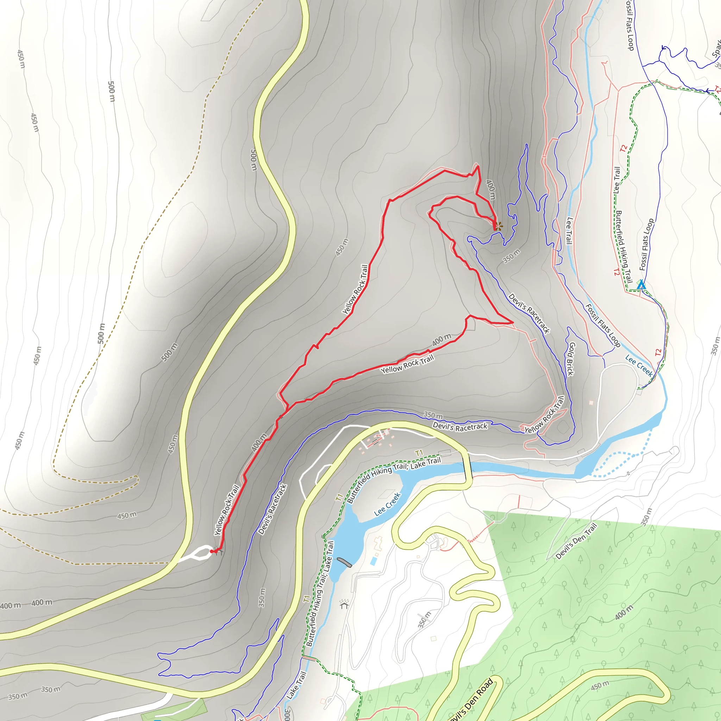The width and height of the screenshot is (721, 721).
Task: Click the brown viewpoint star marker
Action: (x=499, y=225)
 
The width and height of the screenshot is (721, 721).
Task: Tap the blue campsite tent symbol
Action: (x=641, y=285)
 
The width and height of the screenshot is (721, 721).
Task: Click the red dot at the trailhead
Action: (x=212, y=551)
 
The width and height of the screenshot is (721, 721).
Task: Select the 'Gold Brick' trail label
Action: (x=571, y=359)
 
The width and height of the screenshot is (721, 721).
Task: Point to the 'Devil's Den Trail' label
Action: (x=576, y=541)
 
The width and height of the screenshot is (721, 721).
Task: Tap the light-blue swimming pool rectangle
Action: (x=374, y=560)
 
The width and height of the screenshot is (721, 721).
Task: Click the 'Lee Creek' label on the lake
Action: (x=387, y=504)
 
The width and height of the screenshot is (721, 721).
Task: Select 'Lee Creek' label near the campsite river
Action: (x=639, y=366)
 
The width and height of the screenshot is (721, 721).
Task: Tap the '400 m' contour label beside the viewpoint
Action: (x=491, y=190)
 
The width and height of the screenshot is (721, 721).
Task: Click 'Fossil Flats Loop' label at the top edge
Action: (x=630, y=25)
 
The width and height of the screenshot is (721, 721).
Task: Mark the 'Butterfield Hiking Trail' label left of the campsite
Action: (x=623, y=247)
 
